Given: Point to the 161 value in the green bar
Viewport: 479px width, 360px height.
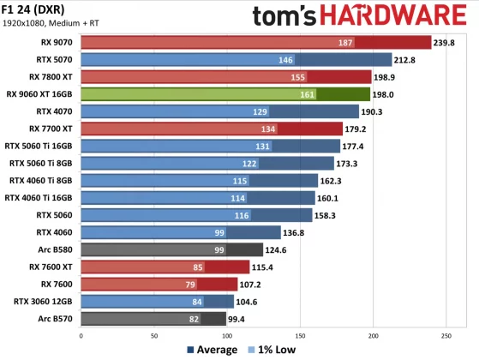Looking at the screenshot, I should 307,94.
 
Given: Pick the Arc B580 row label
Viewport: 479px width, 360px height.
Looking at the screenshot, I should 55,249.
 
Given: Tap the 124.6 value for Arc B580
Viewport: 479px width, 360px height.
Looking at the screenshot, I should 281,249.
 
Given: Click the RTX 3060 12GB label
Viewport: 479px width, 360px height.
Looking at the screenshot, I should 43,301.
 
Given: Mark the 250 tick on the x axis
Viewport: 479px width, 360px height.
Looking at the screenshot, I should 446,336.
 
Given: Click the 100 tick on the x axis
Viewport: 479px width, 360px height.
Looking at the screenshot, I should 227,336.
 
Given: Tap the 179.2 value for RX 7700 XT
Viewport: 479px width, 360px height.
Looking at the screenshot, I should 361,129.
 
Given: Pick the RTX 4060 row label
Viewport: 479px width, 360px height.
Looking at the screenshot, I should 54,232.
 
